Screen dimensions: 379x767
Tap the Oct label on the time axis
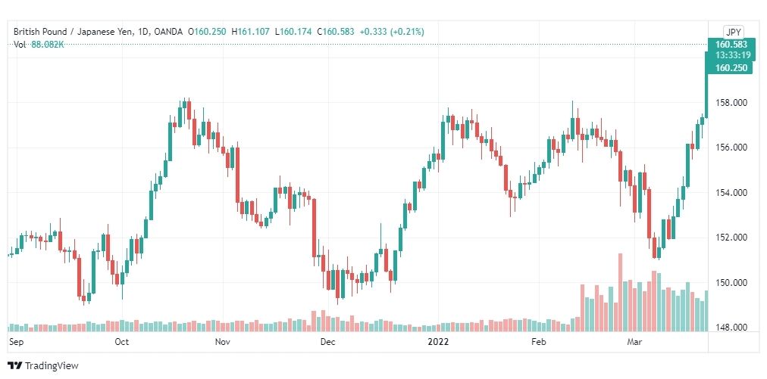click(121, 342)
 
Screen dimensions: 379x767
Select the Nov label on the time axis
click(222, 342)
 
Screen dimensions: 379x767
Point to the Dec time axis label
click(327, 342)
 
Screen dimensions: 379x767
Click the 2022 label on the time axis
click(439, 342)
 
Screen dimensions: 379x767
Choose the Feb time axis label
click(538, 342)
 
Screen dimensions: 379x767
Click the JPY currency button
click(733, 32)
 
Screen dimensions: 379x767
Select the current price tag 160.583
click(731, 45)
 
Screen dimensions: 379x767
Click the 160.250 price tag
click(731, 68)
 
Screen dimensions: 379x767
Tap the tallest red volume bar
click(620, 291)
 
